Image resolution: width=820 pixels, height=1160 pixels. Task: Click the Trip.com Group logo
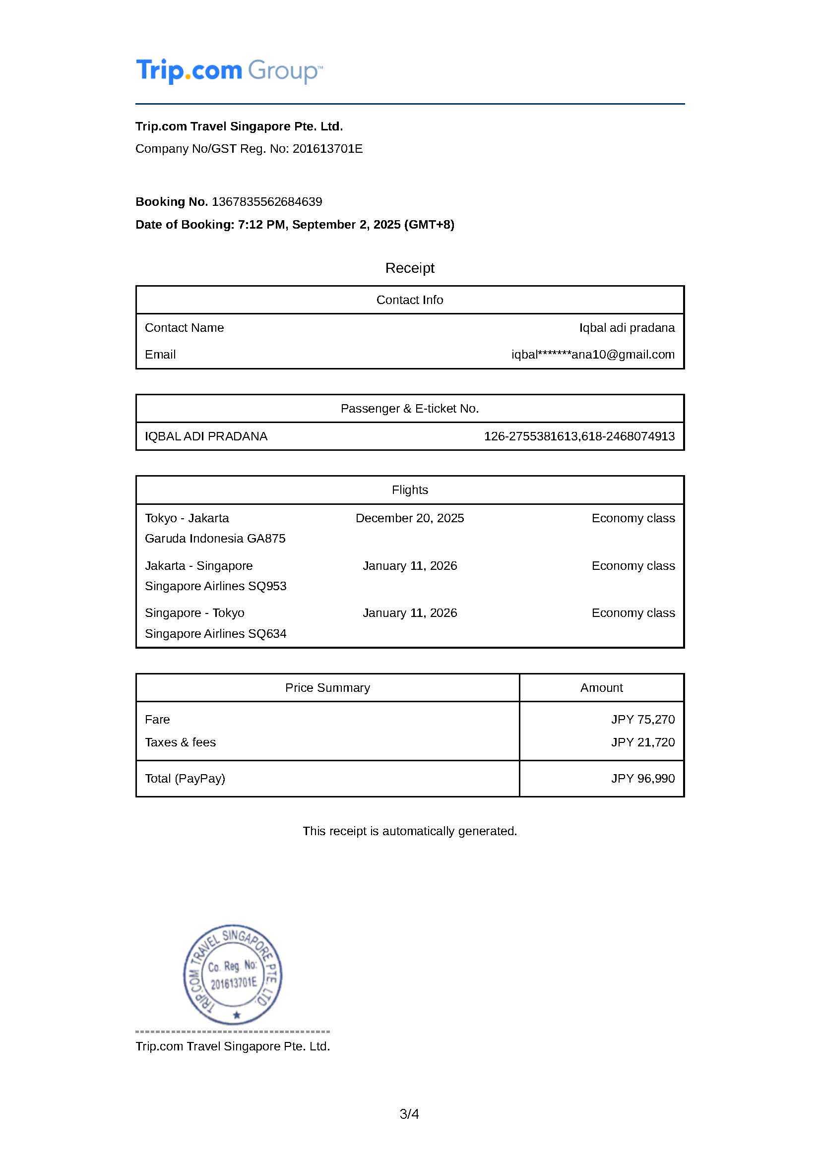click(229, 71)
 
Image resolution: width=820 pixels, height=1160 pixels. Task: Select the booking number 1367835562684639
click(267, 201)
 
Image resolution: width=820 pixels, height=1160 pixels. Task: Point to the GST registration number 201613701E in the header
click(327, 149)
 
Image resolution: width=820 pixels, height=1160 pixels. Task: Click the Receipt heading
click(409, 268)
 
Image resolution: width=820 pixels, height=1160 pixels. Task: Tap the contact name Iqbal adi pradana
click(627, 327)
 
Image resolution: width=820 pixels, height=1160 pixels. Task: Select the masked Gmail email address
click(593, 355)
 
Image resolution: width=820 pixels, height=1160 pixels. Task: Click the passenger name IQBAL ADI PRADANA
click(206, 436)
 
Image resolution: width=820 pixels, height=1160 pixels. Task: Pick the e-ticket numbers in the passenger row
click(579, 436)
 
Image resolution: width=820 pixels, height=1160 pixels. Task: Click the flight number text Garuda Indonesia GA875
click(215, 539)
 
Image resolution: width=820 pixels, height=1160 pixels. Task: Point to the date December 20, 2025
click(409, 518)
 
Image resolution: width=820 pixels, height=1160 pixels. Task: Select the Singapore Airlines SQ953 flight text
click(216, 586)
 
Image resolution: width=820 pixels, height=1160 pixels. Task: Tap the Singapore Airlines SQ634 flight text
click(216, 633)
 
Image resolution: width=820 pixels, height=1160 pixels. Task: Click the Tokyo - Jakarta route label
click(187, 518)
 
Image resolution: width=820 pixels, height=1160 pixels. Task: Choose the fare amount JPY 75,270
click(643, 720)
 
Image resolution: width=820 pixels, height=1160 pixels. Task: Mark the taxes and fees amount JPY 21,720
click(643, 742)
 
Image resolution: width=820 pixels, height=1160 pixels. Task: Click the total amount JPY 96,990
click(643, 779)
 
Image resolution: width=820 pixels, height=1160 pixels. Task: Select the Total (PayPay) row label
click(185, 779)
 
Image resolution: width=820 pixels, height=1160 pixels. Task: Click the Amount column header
click(601, 687)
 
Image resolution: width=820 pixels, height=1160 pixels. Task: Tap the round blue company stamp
click(233, 975)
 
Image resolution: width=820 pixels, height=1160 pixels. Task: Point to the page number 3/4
click(409, 1114)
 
